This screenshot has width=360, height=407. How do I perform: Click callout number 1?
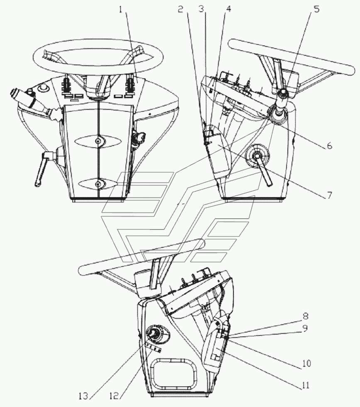point(121,10)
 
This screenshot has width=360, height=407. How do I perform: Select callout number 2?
point(181,10)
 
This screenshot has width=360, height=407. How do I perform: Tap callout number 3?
point(202,9)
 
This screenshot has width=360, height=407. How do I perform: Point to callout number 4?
point(228,9)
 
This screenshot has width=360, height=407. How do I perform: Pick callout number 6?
point(329,146)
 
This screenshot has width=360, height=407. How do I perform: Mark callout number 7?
point(329,195)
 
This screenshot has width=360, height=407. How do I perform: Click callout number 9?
point(305,328)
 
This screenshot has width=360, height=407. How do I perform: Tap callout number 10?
point(306,363)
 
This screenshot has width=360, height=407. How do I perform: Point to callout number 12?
point(114,396)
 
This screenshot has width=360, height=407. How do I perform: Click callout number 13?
point(84,396)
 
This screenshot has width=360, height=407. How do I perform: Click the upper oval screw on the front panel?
point(98,141)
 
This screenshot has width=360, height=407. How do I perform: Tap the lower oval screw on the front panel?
point(98,184)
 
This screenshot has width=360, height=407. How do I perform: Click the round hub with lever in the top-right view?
point(258,156)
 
